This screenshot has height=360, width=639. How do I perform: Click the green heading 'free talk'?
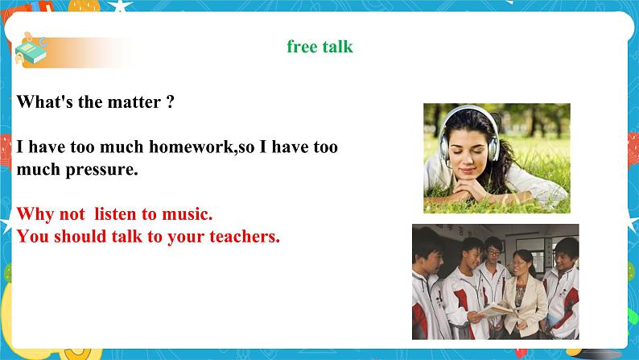319,47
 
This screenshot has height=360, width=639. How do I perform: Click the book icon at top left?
31,52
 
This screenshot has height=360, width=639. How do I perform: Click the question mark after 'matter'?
170,102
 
